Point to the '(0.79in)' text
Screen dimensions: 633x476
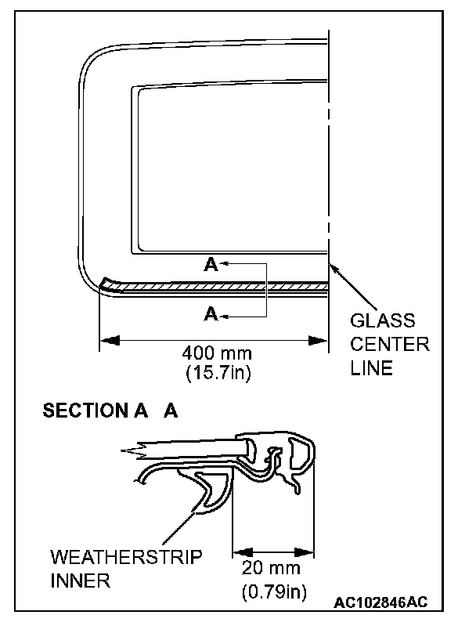(273, 589)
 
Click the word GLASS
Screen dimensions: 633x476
(382, 321)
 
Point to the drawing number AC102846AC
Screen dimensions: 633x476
(380, 602)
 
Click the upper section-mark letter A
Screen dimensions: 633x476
(210, 266)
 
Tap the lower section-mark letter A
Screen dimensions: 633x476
(210, 316)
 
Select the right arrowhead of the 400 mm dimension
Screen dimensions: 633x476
(319, 340)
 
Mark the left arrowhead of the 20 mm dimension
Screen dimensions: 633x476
(241, 552)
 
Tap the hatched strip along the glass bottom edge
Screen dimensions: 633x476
(219, 288)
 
